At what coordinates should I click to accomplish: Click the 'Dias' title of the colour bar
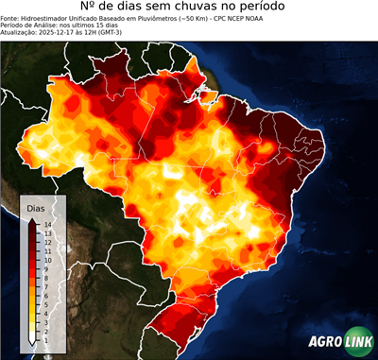tap(35, 207)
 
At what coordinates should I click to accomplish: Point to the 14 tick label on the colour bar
tap(46, 224)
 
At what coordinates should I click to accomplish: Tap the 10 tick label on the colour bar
tap(46, 258)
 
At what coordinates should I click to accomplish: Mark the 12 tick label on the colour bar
tap(46, 242)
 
